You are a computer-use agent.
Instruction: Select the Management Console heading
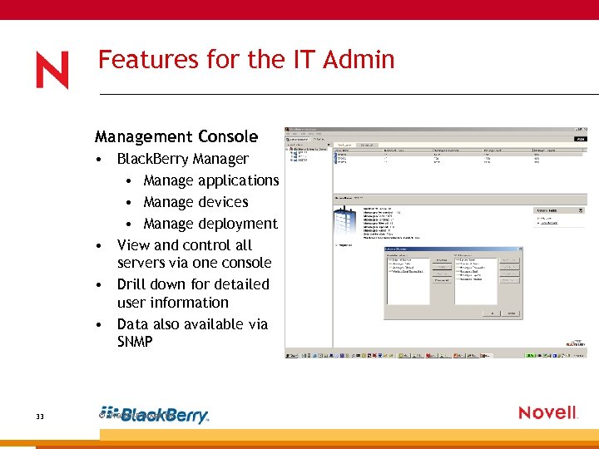click(x=176, y=136)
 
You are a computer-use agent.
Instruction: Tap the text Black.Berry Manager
click(x=182, y=159)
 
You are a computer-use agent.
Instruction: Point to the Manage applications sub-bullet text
click(x=210, y=180)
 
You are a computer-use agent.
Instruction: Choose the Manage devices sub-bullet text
click(x=196, y=202)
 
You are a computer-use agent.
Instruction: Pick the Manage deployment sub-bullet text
click(x=210, y=224)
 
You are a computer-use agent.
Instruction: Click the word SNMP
click(x=135, y=341)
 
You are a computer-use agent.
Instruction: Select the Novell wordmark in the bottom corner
click(x=547, y=412)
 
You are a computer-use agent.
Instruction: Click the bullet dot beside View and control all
click(x=99, y=246)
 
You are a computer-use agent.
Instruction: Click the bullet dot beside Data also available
click(x=99, y=325)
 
